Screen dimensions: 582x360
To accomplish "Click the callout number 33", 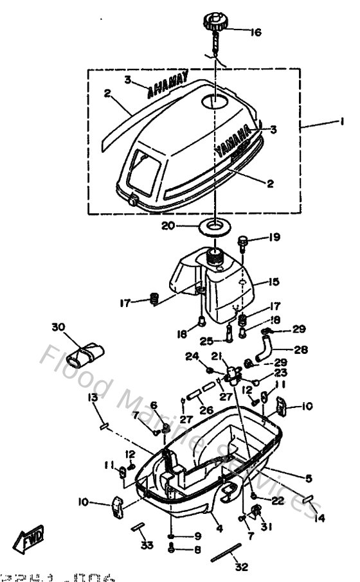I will point(147,547).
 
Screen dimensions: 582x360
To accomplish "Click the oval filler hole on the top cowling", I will point(214,101).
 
